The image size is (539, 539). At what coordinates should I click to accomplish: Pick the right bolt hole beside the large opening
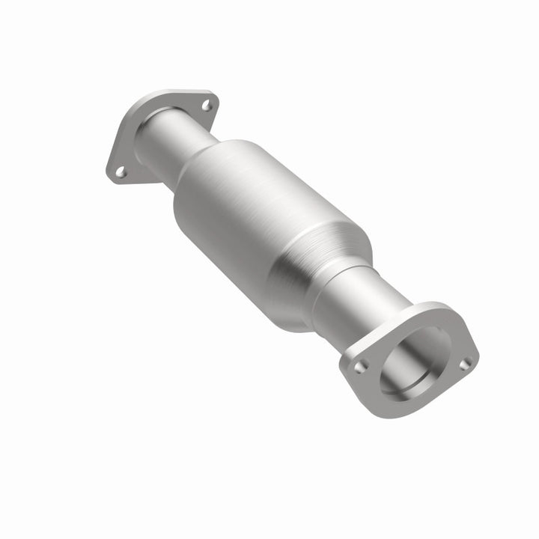pyautogui.click(x=465, y=363)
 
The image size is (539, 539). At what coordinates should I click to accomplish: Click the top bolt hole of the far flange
pyautogui.click(x=206, y=106)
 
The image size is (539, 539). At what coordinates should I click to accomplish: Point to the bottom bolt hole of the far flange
pyautogui.click(x=120, y=172)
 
